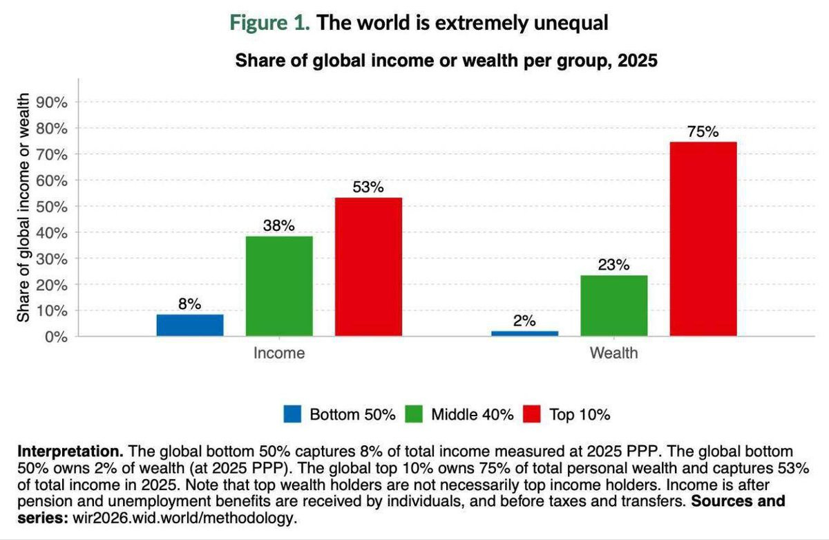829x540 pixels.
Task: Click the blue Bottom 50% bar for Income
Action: tap(190, 325)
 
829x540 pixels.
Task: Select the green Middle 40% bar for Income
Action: tap(279, 286)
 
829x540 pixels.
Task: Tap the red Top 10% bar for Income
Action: tap(369, 267)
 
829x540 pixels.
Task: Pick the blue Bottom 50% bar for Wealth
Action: tap(525, 333)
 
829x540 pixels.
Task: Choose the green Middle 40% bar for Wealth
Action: tap(614, 306)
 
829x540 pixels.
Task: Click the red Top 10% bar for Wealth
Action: tap(703, 239)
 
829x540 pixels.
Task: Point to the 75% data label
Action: tap(703, 132)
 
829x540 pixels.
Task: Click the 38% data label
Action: tap(279, 225)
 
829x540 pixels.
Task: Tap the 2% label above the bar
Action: tap(524, 321)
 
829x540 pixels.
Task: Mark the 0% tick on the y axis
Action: tap(56, 337)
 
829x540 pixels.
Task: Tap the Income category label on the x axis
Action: tap(279, 353)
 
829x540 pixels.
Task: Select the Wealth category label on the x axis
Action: tap(614, 353)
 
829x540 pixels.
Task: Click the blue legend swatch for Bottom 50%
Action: tap(292, 414)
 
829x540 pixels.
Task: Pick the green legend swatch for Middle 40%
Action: tap(414, 414)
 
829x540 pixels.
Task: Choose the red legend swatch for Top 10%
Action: tap(532, 414)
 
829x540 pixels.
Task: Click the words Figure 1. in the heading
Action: tap(270, 23)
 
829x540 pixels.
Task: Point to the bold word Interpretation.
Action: tap(70, 452)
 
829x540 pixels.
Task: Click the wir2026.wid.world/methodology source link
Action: tap(185, 518)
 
